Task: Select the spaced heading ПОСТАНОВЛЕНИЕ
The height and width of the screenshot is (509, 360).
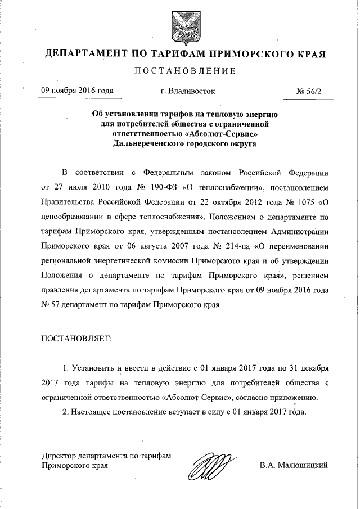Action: pos(179,71)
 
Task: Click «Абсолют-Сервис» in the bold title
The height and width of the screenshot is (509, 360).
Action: pos(222,134)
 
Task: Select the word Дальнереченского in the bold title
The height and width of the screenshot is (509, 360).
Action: pos(147,144)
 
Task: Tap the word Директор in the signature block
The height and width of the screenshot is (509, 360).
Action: pos(62,456)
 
